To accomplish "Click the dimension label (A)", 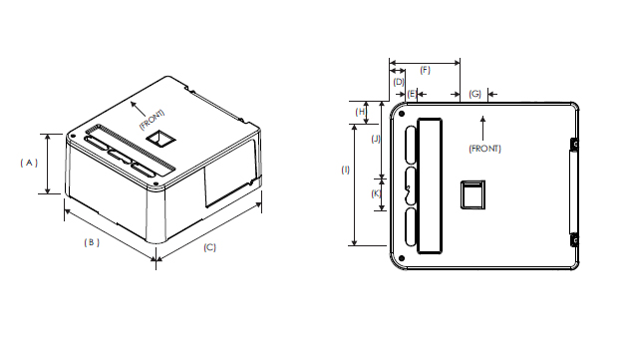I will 29,162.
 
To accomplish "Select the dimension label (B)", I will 91,242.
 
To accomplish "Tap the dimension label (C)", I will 210,247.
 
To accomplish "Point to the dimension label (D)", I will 398,82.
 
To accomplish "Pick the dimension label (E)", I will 412,93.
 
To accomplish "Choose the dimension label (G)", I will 474,93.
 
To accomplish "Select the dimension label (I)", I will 345,171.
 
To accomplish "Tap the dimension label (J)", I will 376,139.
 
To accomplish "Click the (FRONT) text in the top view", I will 483,149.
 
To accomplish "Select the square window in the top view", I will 469,194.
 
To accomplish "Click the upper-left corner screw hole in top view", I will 402,113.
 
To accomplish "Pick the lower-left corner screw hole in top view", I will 402,258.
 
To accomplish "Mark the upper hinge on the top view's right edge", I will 574,145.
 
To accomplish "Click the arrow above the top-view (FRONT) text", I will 482,126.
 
